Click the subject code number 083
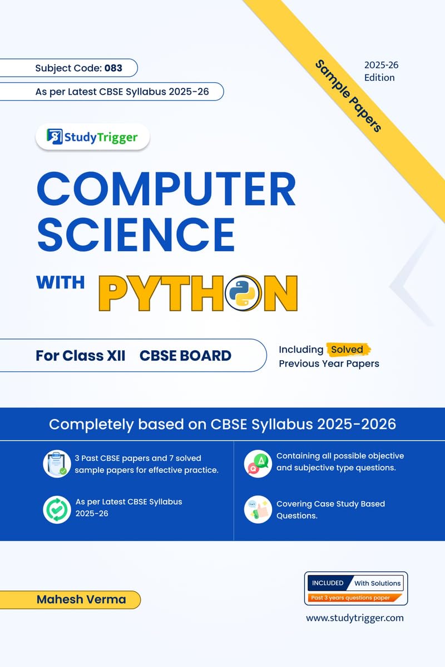(112, 68)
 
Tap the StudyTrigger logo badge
(92, 137)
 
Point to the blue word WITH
(60, 282)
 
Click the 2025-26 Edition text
(381, 71)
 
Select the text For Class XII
(81, 355)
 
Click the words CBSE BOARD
(185, 355)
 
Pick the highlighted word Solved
(348, 350)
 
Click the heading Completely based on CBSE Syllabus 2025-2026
(222, 424)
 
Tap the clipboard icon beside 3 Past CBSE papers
(56, 463)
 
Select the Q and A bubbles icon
(258, 463)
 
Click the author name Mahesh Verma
(81, 599)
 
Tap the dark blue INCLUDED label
(328, 583)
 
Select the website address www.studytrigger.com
(355, 618)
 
